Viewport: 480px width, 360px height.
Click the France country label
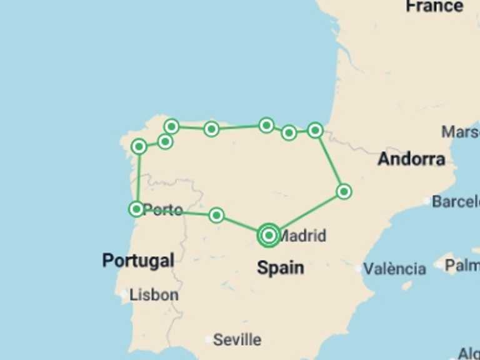pyautogui.click(x=434, y=6)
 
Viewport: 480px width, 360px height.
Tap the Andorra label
pyautogui.click(x=411, y=159)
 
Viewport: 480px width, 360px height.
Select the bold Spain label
pyautogui.click(x=281, y=267)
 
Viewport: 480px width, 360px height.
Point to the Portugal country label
pyautogui.click(x=138, y=260)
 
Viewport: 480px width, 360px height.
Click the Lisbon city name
pyautogui.click(x=154, y=294)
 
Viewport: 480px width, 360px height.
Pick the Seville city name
pyautogui.click(x=237, y=340)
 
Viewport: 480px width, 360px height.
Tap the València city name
pyautogui.click(x=394, y=269)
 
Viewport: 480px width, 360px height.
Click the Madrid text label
pyautogui.click(x=302, y=236)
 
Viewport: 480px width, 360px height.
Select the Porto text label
pyautogui.click(x=163, y=210)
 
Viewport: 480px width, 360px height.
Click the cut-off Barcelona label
pyautogui.click(x=456, y=201)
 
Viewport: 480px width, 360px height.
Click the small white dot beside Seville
pyautogui.click(x=208, y=340)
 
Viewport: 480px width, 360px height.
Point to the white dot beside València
pyautogui.click(x=358, y=269)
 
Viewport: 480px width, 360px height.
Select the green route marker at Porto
pyautogui.click(x=136, y=209)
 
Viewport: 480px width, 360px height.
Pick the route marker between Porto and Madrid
pyautogui.click(x=216, y=215)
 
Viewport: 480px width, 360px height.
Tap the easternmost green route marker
pyautogui.click(x=344, y=191)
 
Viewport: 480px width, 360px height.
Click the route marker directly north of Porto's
pyautogui.click(x=139, y=147)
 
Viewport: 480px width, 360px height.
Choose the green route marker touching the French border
pyautogui.click(x=315, y=130)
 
